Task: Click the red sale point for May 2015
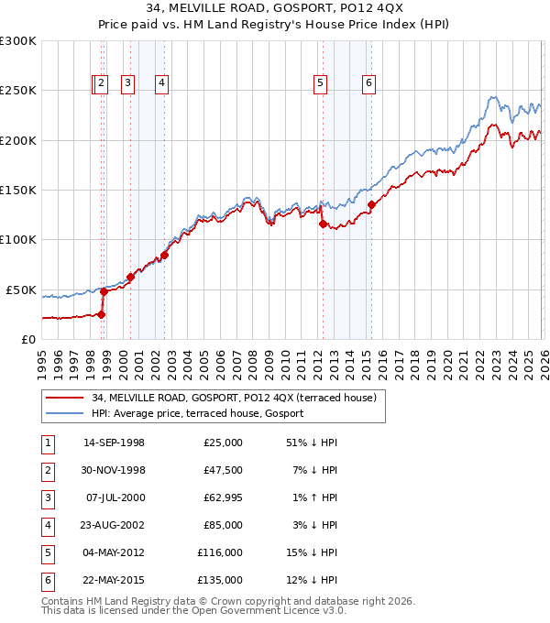(x=371, y=204)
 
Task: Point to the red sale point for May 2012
(x=323, y=224)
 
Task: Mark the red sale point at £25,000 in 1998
(x=101, y=314)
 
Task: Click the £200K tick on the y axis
(x=17, y=140)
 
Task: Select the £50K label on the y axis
(x=20, y=290)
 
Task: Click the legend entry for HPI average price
(x=198, y=413)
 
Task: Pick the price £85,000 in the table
(x=223, y=525)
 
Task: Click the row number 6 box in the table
(x=48, y=580)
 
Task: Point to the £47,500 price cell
(x=223, y=470)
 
